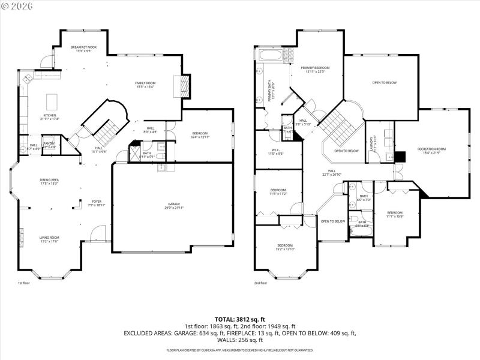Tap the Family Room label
(145, 85)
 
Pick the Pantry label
(50, 145)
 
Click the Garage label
(172, 205)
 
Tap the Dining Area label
(49, 181)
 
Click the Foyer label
(97, 203)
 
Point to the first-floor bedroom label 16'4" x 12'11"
(200, 134)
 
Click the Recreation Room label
(432, 150)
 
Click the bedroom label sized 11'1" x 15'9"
(394, 215)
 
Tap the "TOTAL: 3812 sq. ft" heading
(239, 319)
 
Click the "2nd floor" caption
(260, 283)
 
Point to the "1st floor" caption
(23, 283)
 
